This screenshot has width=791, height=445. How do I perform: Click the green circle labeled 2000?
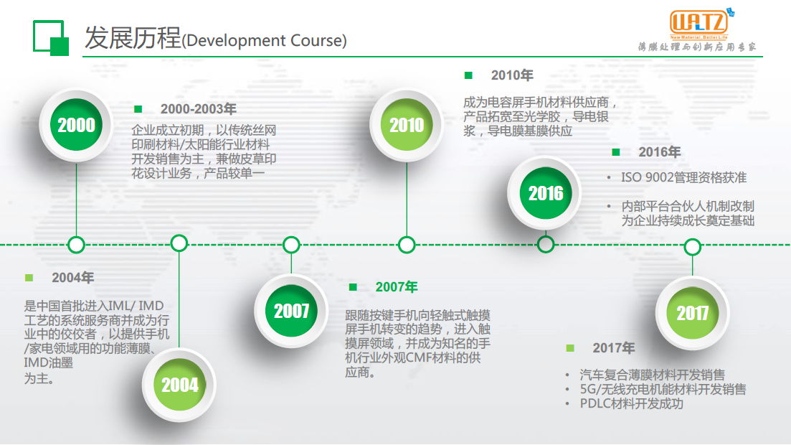[76, 125]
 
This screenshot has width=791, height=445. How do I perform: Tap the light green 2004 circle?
[179, 385]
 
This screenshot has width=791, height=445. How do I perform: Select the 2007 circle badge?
[291, 311]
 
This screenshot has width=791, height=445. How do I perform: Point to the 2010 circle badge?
[407, 125]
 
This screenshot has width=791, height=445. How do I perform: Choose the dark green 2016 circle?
[545, 193]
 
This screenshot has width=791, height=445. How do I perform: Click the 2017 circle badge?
[692, 313]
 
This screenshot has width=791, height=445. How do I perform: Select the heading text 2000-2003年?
[198, 109]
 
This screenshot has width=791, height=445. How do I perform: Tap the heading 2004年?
[72, 278]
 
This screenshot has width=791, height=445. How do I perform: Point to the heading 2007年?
[397, 287]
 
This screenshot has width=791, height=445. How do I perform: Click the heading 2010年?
[512, 75]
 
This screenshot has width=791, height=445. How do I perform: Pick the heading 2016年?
[659, 152]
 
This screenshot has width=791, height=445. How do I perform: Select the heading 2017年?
[613, 348]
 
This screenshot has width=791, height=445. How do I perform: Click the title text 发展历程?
[133, 38]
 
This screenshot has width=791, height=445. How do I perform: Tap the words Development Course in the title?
[264, 40]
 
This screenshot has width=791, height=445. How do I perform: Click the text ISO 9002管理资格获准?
[683, 178]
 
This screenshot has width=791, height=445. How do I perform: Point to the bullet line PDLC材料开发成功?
[631, 404]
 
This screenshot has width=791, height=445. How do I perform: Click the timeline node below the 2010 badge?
[407, 245]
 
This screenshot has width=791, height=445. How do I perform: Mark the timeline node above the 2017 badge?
[692, 247]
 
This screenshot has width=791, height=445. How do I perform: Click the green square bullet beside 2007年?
[353, 287]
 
